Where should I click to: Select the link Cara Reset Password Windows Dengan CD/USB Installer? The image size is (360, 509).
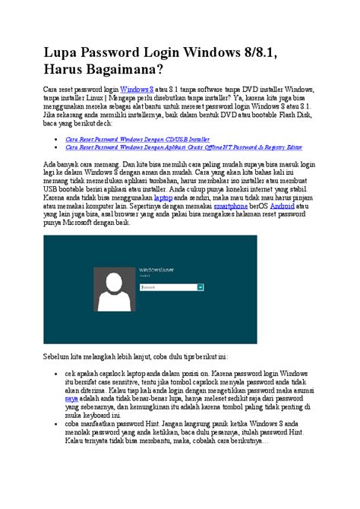tap(137, 140)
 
